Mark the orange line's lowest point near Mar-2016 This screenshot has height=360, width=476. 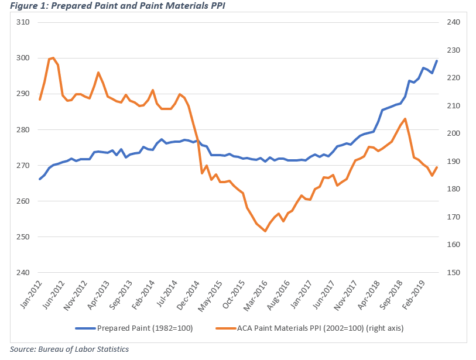tap(265, 231)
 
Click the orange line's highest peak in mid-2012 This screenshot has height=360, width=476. tap(53, 58)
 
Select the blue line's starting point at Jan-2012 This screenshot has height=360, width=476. tap(40, 179)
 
